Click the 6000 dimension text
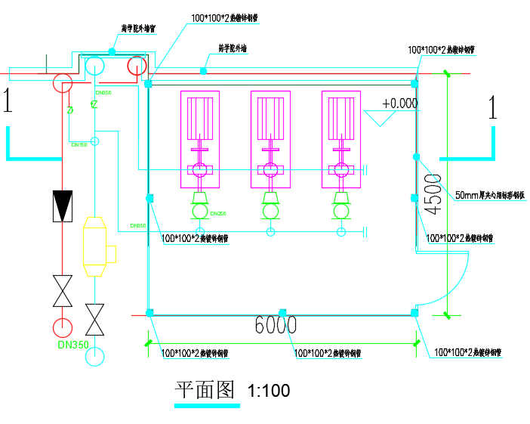pos(276,327)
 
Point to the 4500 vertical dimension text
pos(432,195)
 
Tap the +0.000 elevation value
pos(399,104)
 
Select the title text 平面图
pos(206,390)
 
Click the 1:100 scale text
pos(269,391)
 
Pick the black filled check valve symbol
pos(62,206)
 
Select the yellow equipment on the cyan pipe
pos(94,246)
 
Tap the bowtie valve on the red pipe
pos(62,291)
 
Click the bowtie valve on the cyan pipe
pos(94,320)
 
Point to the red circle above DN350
pos(62,327)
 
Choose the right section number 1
pos(493,107)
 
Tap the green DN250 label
pos(217,214)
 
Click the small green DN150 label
pos(79,144)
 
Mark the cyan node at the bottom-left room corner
pos(149,312)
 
